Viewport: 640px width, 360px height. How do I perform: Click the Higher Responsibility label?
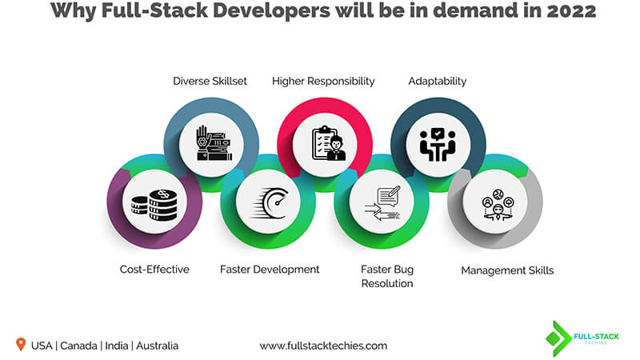323,81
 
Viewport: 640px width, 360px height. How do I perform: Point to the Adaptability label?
437,81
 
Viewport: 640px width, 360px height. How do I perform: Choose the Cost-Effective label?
155,270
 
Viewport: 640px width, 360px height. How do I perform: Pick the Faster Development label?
270,270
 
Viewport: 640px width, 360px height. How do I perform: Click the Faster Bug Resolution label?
386,276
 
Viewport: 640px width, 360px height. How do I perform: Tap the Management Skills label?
507,270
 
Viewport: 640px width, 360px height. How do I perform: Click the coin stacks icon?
154,206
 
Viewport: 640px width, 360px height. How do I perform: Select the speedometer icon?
268,206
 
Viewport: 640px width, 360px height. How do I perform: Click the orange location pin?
20,345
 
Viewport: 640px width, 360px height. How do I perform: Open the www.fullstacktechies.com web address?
323,346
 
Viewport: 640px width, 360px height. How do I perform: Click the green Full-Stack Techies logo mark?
558,338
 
